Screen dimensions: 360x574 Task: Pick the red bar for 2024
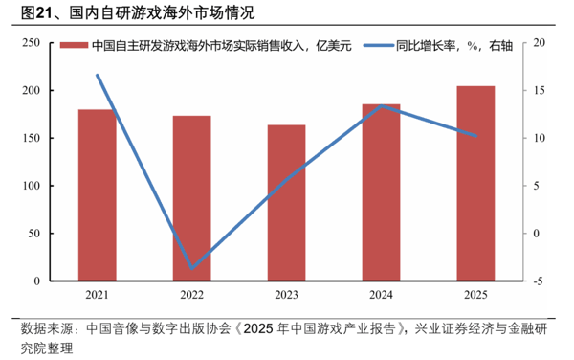pos(381,192)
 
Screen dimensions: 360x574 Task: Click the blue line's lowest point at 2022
pos(191,268)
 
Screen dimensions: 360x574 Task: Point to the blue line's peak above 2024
pos(381,105)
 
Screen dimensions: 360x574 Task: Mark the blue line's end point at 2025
pos(475,136)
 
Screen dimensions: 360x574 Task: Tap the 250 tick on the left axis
pos(30,43)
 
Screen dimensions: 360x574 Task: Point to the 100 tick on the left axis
pos(30,186)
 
